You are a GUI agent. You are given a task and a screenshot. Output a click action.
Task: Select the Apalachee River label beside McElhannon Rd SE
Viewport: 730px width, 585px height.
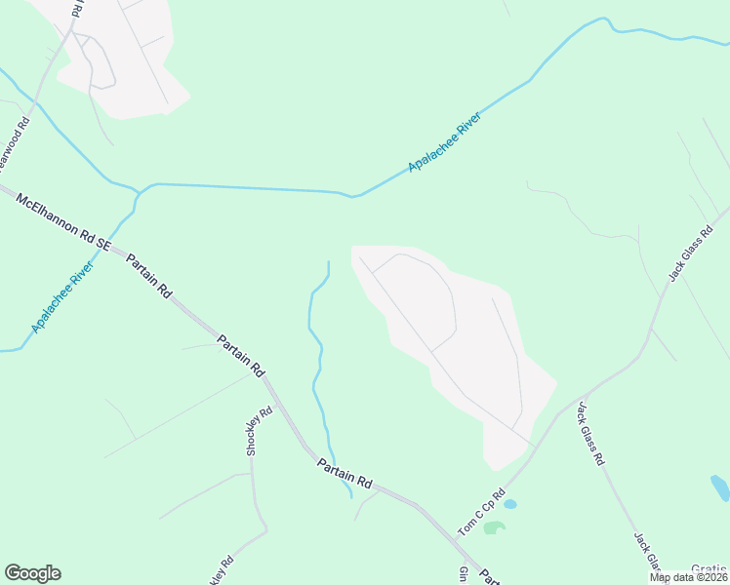pyautogui.click(x=62, y=296)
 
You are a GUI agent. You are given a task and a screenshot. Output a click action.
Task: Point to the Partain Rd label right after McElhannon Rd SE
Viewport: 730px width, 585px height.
pyautogui.click(x=151, y=278)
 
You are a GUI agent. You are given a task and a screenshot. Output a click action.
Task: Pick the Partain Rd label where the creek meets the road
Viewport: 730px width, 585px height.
pyautogui.click(x=345, y=475)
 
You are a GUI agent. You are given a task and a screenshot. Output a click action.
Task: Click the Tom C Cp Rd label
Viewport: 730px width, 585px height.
pyautogui.click(x=481, y=513)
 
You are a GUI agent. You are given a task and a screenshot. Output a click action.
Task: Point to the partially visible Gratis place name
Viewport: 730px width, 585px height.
pyautogui.click(x=709, y=568)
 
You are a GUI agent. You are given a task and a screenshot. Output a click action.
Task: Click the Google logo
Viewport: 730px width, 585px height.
pyautogui.click(x=32, y=573)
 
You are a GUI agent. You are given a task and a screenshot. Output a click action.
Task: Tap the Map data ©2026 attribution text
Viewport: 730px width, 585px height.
pyautogui.click(x=688, y=577)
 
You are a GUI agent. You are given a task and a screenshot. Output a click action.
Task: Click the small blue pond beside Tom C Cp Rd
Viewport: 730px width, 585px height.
pyautogui.click(x=509, y=504)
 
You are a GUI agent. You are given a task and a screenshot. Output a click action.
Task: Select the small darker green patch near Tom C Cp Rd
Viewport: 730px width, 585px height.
pyautogui.click(x=495, y=527)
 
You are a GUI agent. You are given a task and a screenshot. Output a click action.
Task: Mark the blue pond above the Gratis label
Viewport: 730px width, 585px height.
pyautogui.click(x=720, y=487)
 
